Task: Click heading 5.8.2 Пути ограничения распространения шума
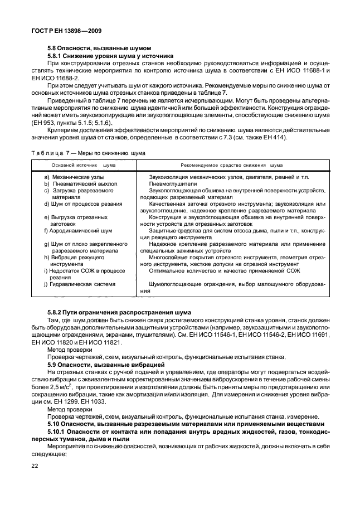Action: point(119,312)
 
